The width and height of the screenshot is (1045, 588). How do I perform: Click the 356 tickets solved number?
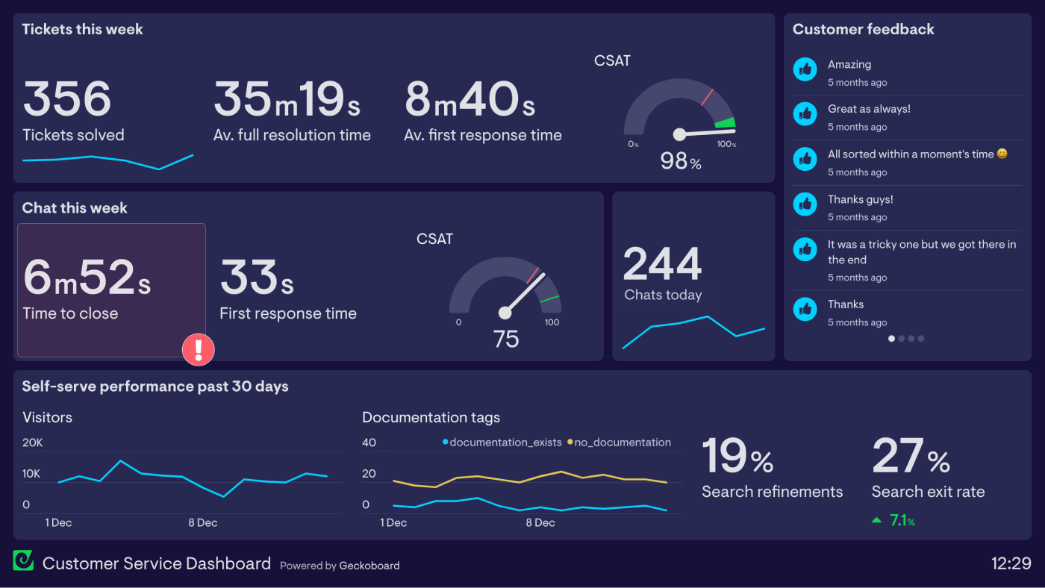67,99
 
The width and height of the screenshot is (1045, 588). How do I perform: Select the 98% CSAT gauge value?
680,160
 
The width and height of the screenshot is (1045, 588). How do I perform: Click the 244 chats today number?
662,264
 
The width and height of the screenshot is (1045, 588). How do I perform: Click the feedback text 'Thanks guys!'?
860,199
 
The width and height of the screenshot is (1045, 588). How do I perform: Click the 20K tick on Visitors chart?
33,442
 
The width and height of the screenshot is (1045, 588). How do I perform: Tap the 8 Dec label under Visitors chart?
202,522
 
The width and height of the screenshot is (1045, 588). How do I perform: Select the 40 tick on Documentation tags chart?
369,442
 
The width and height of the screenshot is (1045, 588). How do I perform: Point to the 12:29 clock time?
1011,563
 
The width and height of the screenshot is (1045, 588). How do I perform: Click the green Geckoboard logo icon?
23,560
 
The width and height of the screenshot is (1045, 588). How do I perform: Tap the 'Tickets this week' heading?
82,29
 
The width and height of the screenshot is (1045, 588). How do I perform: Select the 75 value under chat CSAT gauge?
505,340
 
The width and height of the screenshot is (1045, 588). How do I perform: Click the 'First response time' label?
287,313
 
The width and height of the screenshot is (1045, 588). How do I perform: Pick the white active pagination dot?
891,339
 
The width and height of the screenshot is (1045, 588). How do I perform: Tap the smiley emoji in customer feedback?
1002,154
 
